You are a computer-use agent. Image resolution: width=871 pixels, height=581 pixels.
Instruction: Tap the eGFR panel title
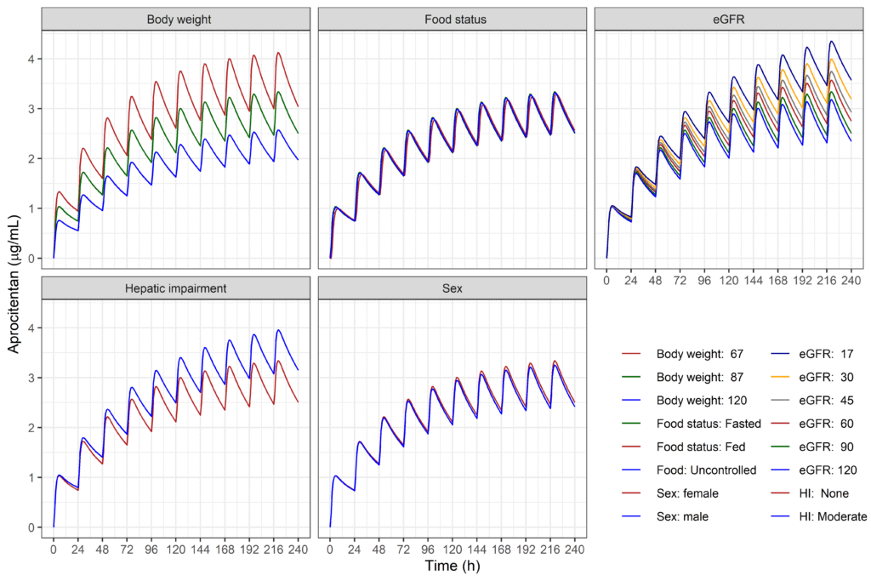coord(728,19)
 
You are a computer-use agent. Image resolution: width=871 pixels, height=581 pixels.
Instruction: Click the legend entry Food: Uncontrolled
coord(706,470)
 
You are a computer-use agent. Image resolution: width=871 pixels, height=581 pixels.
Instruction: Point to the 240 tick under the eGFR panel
coord(851,279)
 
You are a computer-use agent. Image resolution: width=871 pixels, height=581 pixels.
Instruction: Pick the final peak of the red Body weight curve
coord(278,53)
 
